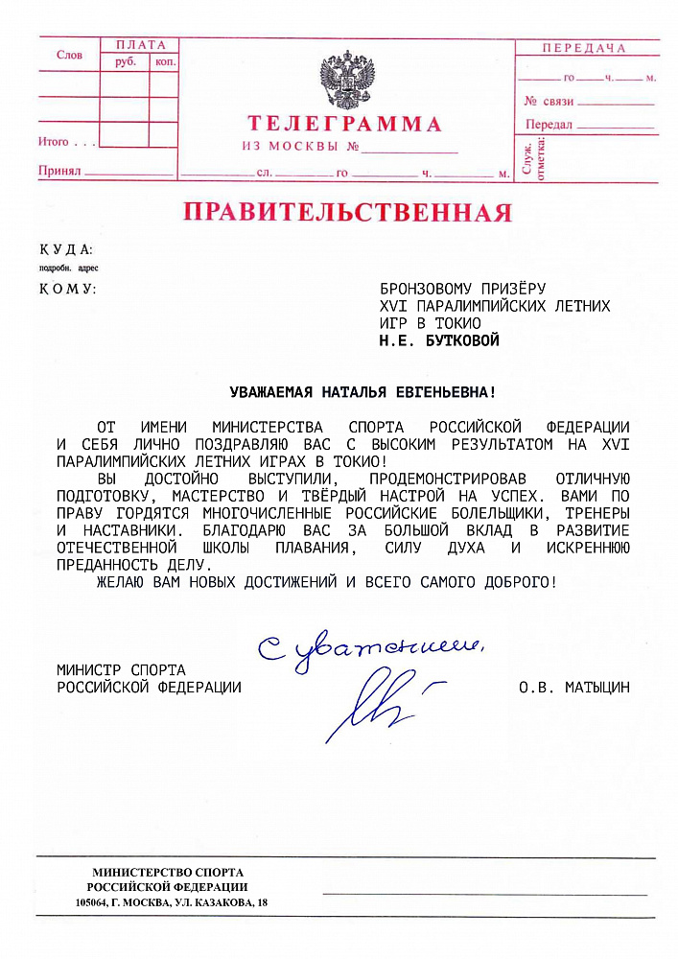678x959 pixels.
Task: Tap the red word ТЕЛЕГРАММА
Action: (x=345, y=124)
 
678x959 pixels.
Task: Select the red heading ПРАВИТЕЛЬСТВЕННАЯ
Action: (x=347, y=212)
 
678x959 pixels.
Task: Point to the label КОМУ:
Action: (x=67, y=288)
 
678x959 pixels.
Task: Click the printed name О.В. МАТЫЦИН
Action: (x=573, y=687)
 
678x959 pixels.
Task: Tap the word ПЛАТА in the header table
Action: (x=140, y=45)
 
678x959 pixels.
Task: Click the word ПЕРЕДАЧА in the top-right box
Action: (x=583, y=48)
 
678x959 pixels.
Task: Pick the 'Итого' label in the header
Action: (x=54, y=142)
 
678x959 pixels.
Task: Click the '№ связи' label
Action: (x=549, y=101)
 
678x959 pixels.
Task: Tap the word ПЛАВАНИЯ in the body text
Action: (x=312, y=547)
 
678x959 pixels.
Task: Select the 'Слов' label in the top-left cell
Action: (x=69, y=56)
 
